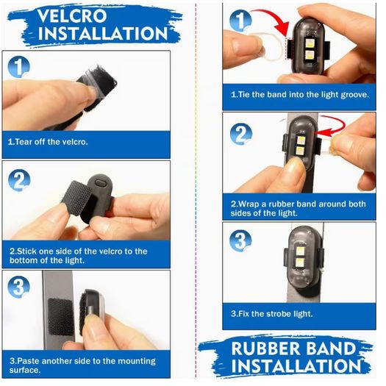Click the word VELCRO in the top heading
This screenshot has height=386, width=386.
(72, 15)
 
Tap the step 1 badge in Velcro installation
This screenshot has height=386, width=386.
(18, 67)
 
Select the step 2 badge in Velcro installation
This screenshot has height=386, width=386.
(19, 180)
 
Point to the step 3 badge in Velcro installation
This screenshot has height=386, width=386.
(18, 287)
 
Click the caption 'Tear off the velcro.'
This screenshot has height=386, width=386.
(48, 142)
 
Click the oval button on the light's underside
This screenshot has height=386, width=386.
(100, 183)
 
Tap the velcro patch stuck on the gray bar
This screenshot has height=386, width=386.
(60, 317)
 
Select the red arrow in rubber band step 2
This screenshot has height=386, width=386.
(331, 126)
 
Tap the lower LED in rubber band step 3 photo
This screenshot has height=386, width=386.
(299, 262)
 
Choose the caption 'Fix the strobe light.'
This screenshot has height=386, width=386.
(272, 314)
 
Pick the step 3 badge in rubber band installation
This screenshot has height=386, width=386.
(240, 240)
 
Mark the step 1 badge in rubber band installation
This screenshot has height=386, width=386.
(240, 21)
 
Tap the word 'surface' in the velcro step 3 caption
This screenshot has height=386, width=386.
(25, 371)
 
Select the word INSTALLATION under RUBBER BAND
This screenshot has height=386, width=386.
(296, 366)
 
